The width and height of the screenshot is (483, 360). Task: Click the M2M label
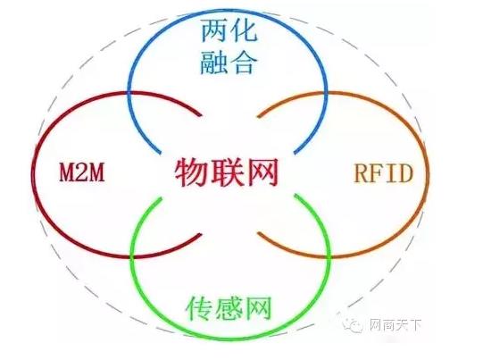82,172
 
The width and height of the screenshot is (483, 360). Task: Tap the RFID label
383,173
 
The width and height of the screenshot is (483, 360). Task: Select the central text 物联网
227,172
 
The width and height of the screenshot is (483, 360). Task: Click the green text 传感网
229,308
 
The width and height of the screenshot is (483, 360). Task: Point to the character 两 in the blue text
214,30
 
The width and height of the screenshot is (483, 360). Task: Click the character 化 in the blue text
244,30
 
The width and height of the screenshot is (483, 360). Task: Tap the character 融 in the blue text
214,63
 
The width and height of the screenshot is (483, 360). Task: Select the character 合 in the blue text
244,63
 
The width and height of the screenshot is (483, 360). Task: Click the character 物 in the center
192,172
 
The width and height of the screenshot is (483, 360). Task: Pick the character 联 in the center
227,172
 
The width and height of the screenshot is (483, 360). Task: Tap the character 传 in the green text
199,308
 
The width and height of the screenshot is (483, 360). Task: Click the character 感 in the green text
229,308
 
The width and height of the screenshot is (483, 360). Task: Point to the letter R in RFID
362,173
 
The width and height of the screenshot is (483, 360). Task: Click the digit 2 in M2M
82,172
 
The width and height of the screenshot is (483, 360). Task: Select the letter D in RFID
404,173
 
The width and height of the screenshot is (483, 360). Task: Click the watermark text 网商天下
396,325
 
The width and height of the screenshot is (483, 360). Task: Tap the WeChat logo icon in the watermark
354,323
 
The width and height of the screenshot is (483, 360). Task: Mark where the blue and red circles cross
129,92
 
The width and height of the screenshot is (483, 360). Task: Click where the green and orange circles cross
329,255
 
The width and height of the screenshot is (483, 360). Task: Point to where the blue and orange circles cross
325,93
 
